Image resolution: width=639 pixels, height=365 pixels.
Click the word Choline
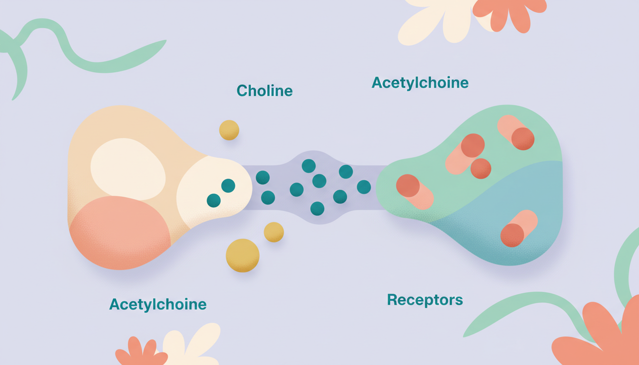click(x=264, y=90)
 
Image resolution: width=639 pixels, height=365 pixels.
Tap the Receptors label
click(x=425, y=300)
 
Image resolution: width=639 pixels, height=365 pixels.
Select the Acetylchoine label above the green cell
click(x=420, y=83)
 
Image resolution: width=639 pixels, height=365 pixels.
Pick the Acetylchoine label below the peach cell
click(x=158, y=304)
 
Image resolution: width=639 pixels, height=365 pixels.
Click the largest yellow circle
click(x=242, y=255)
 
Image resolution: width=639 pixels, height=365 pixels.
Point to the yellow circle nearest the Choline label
click(x=229, y=130)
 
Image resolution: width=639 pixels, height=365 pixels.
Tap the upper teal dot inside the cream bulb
click(x=228, y=185)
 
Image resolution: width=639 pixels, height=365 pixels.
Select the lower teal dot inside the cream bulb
click(x=213, y=200)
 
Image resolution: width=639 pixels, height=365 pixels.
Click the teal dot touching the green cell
click(x=364, y=187)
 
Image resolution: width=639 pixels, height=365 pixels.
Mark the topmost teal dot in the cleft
click(x=309, y=166)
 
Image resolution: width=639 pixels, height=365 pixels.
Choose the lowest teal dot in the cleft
click(x=317, y=208)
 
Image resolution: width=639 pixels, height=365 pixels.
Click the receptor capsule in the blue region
click(x=518, y=229)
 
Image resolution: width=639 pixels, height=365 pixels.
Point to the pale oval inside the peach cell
click(x=127, y=169)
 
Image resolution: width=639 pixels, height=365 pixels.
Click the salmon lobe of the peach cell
click(x=119, y=235)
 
